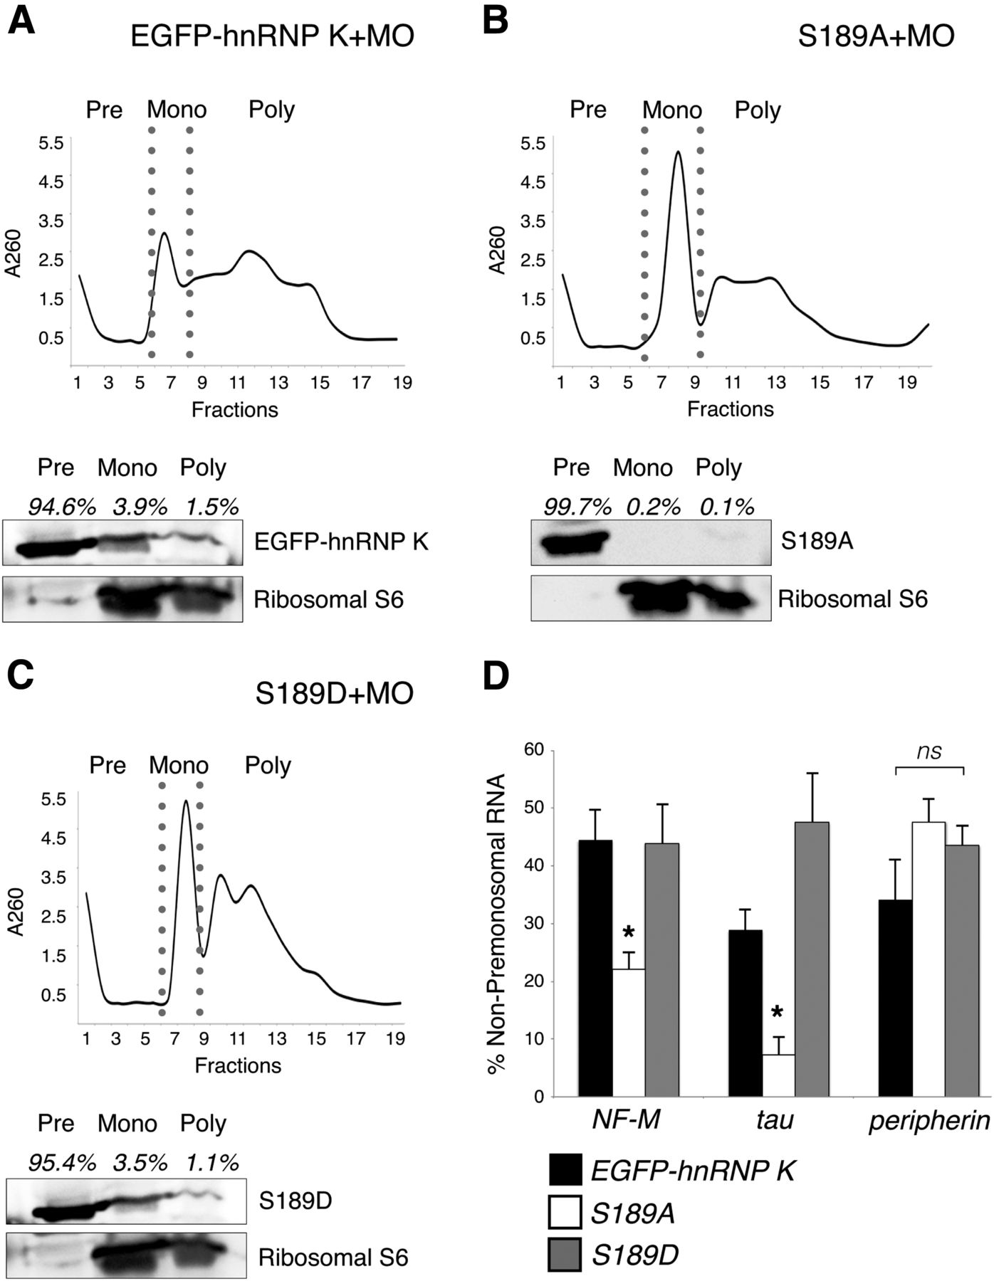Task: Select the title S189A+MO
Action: [x=875, y=36]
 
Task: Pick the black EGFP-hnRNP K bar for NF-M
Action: [x=595, y=968]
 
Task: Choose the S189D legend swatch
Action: [x=565, y=1254]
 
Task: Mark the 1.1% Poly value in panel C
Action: [x=212, y=1162]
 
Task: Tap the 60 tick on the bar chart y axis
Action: [x=533, y=749]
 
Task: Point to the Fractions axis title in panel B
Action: [x=730, y=409]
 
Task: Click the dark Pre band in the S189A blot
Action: [x=572, y=543]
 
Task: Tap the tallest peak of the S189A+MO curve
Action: [x=678, y=152]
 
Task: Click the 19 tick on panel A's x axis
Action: [x=402, y=383]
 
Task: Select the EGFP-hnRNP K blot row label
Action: [x=341, y=542]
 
